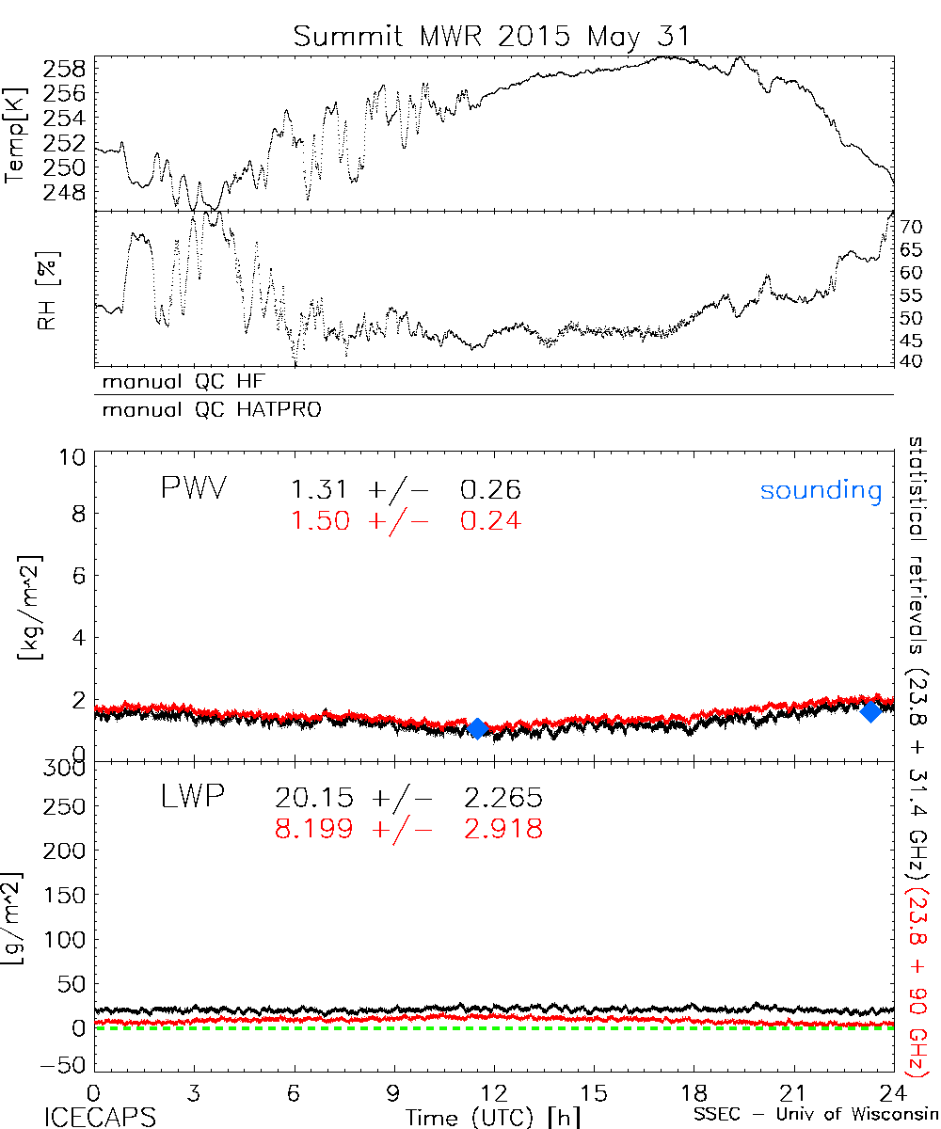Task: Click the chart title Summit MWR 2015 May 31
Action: [x=492, y=36]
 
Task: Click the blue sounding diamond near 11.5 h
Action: [x=477, y=728]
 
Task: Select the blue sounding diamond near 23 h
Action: [x=871, y=711]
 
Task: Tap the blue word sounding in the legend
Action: [x=821, y=490]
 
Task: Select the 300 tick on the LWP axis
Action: [x=65, y=769]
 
